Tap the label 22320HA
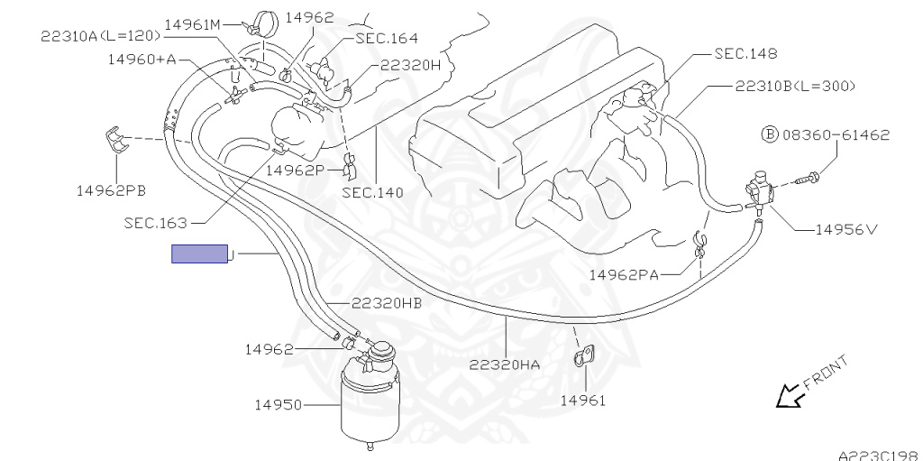tap(505, 365)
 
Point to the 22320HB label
tap(374, 303)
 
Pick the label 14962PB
tap(112, 190)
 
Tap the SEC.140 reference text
tap(372, 192)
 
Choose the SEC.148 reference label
tap(745, 53)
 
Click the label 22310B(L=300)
tap(794, 87)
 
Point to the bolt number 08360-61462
tap(836, 135)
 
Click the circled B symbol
tap(769, 135)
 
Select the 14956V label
tap(846, 229)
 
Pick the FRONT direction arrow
tap(791, 393)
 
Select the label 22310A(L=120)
tap(99, 35)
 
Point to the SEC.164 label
tap(387, 38)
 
